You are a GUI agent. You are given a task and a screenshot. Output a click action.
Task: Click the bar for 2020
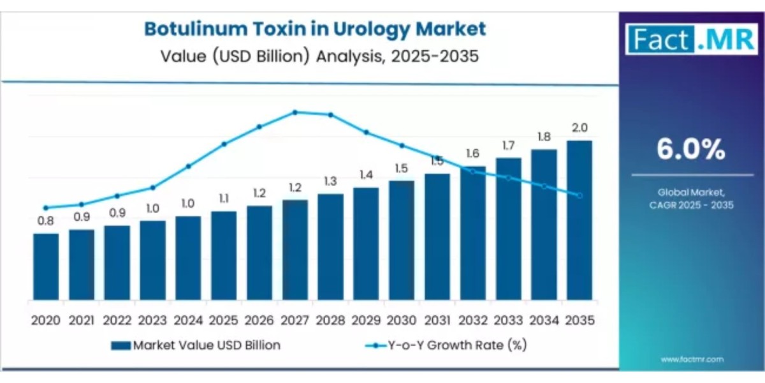point(46,267)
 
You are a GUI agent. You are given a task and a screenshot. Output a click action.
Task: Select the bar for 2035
point(579,220)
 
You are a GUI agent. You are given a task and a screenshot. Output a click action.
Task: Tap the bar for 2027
point(295,250)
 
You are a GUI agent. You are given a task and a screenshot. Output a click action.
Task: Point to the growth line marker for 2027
point(295,112)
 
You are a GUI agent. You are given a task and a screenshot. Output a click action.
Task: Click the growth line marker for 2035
point(579,196)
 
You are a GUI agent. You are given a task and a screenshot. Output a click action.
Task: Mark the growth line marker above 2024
point(188,167)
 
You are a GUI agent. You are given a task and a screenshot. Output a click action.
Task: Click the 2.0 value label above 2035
point(579,128)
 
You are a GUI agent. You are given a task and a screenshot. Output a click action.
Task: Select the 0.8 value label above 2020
point(46,221)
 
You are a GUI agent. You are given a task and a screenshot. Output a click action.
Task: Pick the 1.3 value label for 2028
point(330,181)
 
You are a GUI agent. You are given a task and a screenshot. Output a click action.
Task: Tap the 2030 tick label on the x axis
point(402,320)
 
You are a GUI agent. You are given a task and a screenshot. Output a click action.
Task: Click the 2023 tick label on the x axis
point(153,320)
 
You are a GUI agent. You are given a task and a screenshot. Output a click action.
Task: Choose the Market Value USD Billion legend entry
point(196,345)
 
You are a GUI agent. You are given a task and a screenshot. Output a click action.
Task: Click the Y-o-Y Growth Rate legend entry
point(446,345)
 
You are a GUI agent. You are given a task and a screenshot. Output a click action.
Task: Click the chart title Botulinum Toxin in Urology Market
point(315,29)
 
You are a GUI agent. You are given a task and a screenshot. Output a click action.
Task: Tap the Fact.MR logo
point(692,39)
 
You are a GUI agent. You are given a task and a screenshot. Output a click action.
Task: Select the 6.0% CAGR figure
point(691,150)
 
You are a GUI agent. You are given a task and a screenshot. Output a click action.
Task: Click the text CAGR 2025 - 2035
point(692,205)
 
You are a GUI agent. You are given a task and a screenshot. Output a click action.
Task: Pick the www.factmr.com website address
point(692,359)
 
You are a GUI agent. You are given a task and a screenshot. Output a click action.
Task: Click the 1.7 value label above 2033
point(508,146)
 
